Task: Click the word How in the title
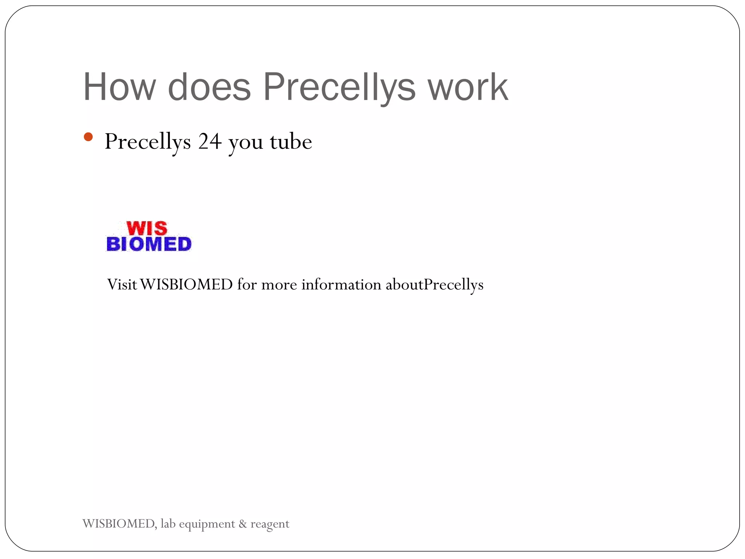pos(119,87)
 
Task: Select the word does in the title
pos(209,87)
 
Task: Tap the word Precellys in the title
pos(339,87)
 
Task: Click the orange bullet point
pos(88,137)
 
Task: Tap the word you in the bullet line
pos(246,143)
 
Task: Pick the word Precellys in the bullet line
pos(148,142)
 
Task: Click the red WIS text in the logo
pos(147,229)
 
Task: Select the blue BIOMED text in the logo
pos(149,244)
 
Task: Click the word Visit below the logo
pos(122,284)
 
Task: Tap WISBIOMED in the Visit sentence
pos(186,284)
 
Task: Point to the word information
pos(341,284)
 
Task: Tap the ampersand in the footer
pos(243,524)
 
